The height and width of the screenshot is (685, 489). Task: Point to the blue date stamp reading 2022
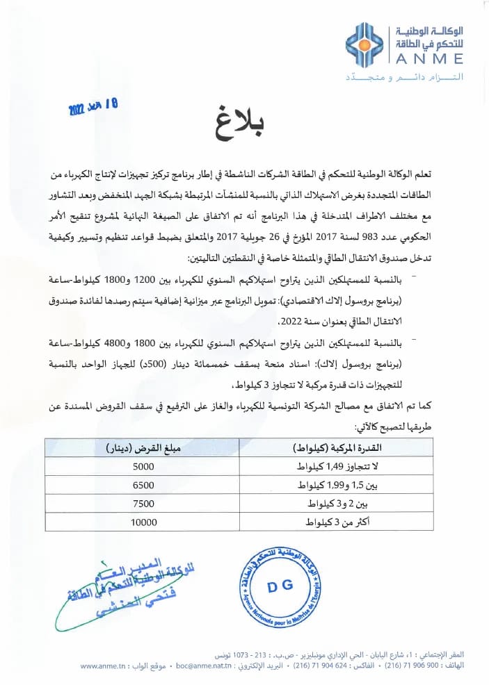(93, 106)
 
